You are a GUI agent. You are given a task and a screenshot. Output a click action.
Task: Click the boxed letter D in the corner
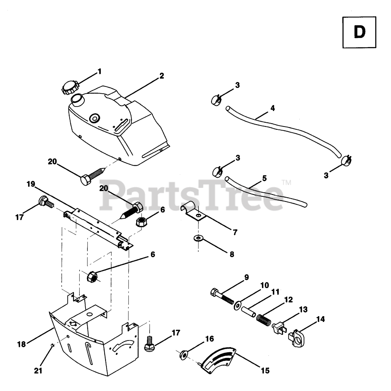(359, 32)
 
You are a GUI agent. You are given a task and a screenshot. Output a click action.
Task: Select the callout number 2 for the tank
(162, 76)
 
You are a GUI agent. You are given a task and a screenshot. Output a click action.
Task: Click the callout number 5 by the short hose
(264, 178)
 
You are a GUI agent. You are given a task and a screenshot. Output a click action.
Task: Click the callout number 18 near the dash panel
(21, 344)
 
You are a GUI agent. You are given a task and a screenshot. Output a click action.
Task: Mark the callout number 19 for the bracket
(31, 184)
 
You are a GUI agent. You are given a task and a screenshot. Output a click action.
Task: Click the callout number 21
(38, 371)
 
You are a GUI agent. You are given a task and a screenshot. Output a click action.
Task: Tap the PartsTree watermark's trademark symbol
(286, 183)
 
